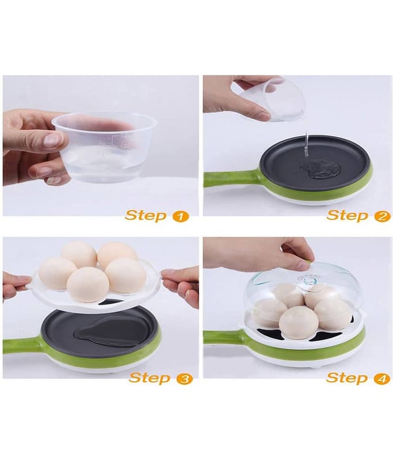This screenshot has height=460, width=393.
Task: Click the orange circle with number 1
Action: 180,217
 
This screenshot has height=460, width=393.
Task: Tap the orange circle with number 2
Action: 382,217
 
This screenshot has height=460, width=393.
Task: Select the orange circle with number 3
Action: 184,379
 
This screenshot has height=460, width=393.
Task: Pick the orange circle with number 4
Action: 381,379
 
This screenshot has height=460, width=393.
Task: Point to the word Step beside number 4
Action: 347,378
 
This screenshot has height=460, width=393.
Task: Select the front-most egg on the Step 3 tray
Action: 88,285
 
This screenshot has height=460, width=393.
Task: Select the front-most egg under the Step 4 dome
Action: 298,323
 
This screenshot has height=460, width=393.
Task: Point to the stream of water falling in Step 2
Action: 306,146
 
